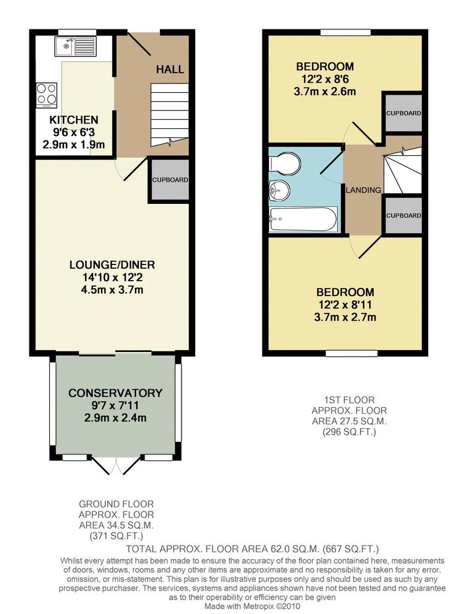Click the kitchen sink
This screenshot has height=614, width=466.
point(75,46)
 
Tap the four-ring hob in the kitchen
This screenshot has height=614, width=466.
point(47,95)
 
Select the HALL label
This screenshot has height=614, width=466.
point(170,70)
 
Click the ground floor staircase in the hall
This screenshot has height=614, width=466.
point(170,115)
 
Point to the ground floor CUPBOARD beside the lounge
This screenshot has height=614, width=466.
point(170,180)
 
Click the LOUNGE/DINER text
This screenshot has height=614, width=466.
point(112,264)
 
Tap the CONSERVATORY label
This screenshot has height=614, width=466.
point(116,393)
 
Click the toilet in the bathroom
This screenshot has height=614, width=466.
point(285,163)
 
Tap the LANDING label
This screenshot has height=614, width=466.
point(364,190)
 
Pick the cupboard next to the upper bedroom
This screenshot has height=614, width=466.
point(403,113)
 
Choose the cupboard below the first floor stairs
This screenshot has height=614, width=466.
point(403,215)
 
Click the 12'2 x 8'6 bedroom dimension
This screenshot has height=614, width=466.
point(325,80)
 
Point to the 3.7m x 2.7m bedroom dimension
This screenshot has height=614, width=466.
point(345,317)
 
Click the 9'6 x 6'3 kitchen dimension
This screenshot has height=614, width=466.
point(74,133)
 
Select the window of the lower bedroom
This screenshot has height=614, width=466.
point(352,353)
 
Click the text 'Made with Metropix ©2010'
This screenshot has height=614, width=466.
point(253,606)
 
